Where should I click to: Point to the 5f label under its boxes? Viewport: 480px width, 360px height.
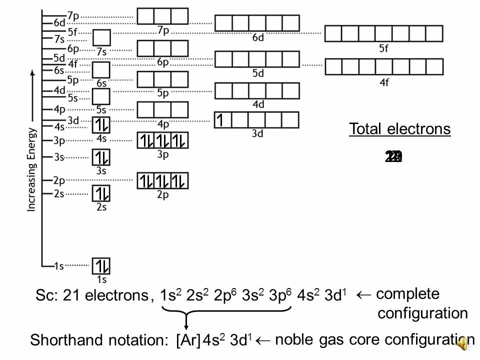[383, 48]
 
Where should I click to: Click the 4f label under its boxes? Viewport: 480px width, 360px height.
[383, 82]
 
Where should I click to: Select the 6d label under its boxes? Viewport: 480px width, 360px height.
[257, 38]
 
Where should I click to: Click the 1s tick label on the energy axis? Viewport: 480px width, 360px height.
[58, 266]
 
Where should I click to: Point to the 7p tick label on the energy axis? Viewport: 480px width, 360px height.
[73, 16]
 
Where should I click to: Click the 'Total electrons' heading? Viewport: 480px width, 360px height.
[399, 129]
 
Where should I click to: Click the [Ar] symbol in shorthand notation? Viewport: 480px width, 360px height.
[188, 341]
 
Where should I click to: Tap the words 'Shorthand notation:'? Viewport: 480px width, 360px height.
[99, 341]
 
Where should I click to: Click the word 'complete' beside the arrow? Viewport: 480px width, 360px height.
[407, 294]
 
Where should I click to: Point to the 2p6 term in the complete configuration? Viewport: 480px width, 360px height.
[223, 295]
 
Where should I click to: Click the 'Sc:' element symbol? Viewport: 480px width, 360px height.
[47, 296]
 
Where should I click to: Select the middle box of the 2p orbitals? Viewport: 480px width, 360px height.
[163, 180]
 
